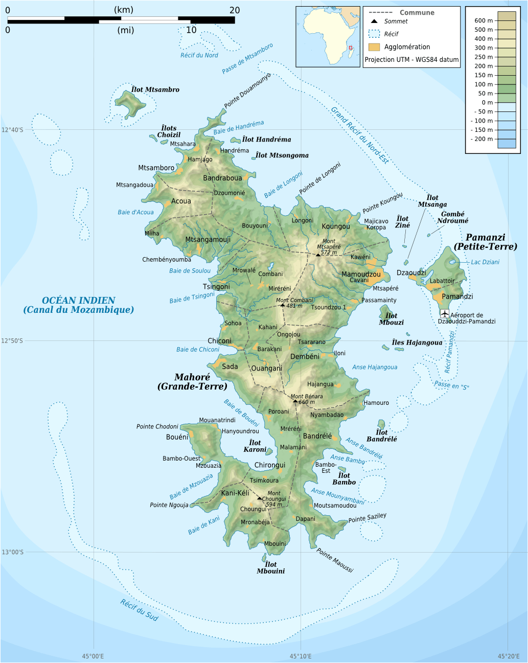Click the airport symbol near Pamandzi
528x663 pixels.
pos(444,313)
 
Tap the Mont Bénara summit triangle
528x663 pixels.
pos(295,401)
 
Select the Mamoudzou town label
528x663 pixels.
pos(361,274)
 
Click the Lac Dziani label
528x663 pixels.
pos(485,262)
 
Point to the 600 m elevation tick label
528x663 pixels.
pos(483,20)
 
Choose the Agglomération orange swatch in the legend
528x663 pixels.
pos(374,47)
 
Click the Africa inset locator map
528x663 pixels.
pos(328,36)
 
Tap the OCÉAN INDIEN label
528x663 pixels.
pos(79,301)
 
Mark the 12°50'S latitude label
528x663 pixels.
pos(12,341)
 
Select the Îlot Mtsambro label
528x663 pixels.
pos(155,89)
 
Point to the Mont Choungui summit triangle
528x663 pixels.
pos(259,498)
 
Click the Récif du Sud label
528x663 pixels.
pos(140,610)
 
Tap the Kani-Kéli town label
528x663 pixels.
pos(235,493)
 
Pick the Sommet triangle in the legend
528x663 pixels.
pos(374,21)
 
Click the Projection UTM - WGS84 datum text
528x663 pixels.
pos(411,60)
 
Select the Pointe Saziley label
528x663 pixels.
pos(368,518)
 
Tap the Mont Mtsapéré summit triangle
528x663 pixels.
pos(317,254)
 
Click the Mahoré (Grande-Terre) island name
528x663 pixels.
pos(192,382)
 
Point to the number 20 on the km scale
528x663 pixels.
pos(235,10)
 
